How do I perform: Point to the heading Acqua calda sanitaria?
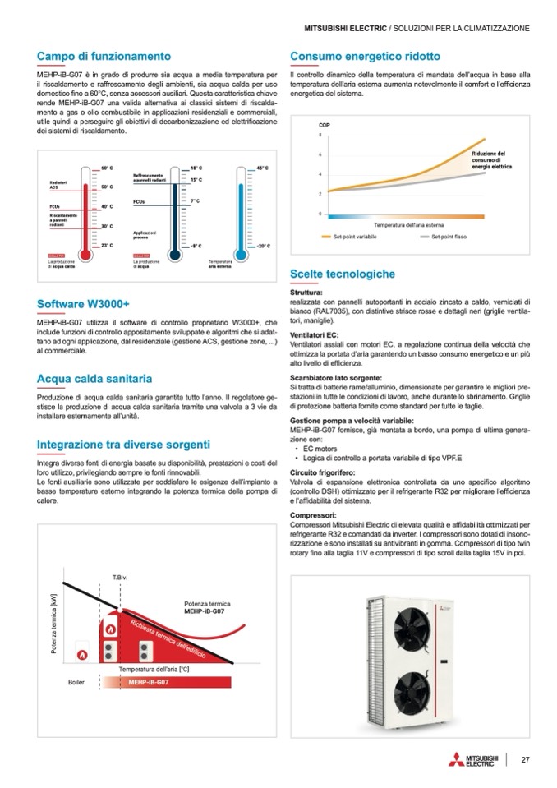coord(94,379)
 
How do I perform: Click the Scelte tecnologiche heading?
coord(343,274)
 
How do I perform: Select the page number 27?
coord(524,758)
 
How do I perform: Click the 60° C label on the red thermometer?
coord(106,168)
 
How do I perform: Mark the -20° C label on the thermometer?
coord(263,246)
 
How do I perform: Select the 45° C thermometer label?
coord(263,168)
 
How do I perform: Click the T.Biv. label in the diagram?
coord(119,578)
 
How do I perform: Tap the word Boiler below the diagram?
coord(76,682)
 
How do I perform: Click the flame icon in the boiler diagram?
coord(82,654)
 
